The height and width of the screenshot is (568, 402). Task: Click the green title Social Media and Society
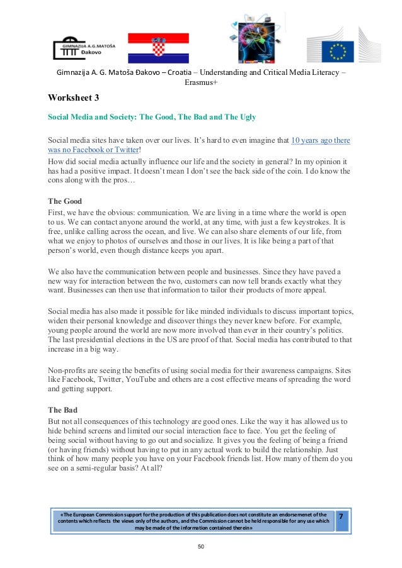click(x=151, y=118)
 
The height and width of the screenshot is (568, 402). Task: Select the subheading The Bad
click(x=62, y=410)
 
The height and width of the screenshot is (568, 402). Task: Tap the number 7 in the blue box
click(x=341, y=516)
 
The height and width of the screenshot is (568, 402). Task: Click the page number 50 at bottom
click(x=200, y=547)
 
